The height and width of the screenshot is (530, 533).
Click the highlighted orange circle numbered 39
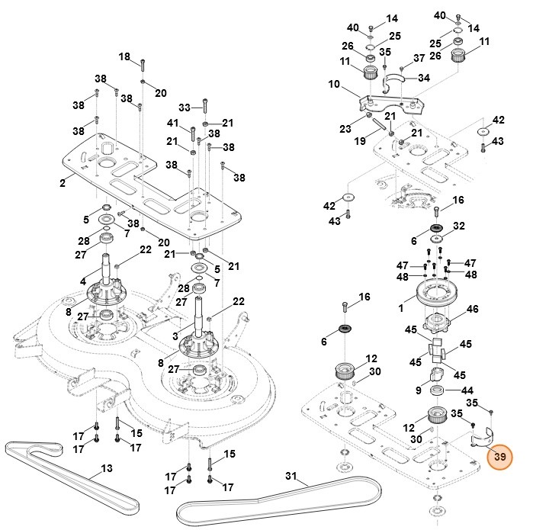point(500,458)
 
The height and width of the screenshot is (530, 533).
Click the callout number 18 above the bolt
point(126,57)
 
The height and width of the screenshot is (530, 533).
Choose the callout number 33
point(185,106)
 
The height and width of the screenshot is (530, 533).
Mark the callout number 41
point(174,124)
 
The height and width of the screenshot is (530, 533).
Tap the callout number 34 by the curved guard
point(424,78)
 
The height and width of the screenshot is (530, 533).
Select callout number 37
point(419,58)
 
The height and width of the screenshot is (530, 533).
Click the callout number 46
point(494,310)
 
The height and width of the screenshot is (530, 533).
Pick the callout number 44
point(467,390)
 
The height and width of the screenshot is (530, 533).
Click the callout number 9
point(419,390)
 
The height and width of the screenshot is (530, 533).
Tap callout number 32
point(458,226)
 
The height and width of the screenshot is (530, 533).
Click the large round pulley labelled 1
point(440,293)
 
